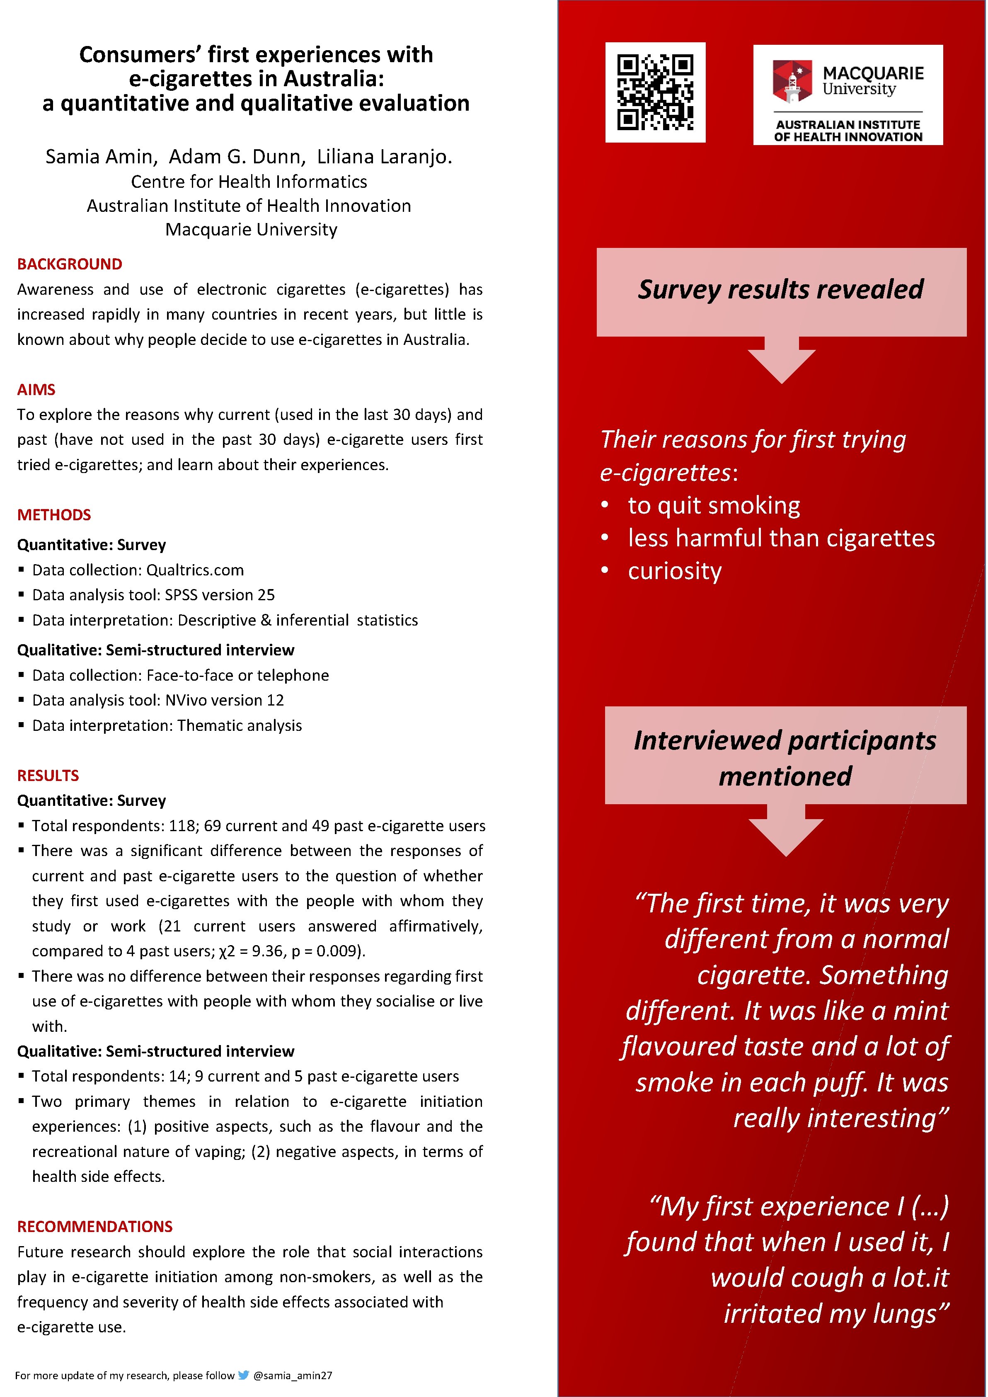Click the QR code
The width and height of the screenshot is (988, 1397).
pyautogui.click(x=655, y=92)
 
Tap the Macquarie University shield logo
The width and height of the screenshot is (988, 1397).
pyautogui.click(x=792, y=81)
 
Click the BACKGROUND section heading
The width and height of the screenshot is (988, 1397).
pyautogui.click(x=69, y=264)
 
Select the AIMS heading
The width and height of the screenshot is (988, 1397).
pyautogui.click(x=36, y=389)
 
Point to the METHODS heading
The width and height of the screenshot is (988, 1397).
pyautogui.click(x=53, y=515)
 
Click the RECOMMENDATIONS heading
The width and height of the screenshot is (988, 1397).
pyautogui.click(x=94, y=1226)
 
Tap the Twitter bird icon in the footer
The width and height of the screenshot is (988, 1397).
pyautogui.click(x=243, y=1375)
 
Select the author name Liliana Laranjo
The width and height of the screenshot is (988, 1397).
pyautogui.click(x=384, y=157)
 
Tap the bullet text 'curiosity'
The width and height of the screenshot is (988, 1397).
pyautogui.click(x=675, y=571)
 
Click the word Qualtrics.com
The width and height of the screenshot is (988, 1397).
pyautogui.click(x=195, y=570)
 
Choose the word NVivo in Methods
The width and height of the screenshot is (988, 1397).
pyautogui.click(x=186, y=700)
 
